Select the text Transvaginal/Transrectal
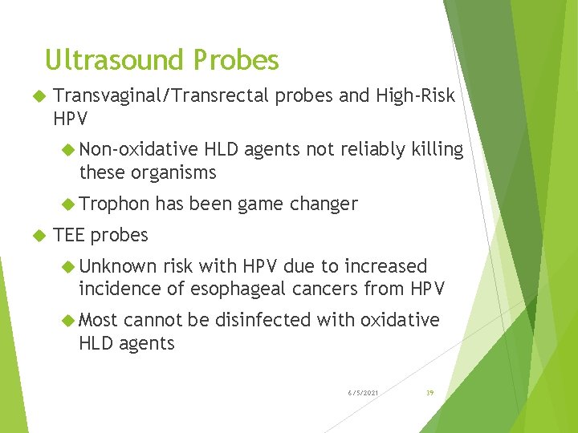click(x=161, y=96)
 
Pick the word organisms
click(x=173, y=172)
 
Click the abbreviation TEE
click(x=69, y=235)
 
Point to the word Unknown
click(x=117, y=266)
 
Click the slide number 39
click(x=429, y=392)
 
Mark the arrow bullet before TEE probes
click(x=35, y=235)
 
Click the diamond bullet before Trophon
click(x=69, y=204)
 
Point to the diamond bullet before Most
click(x=69, y=320)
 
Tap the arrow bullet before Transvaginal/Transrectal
click(x=35, y=96)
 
